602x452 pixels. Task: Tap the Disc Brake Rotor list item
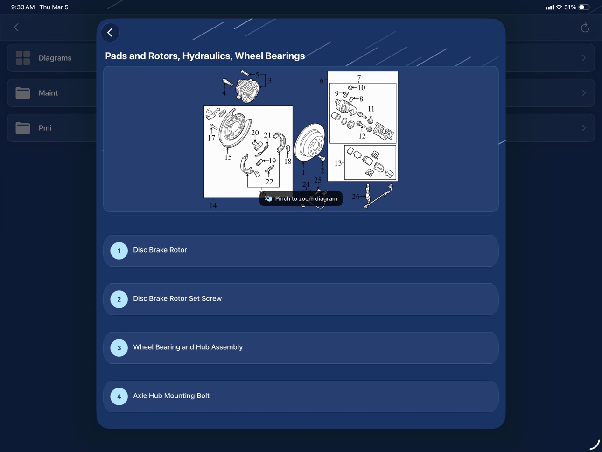coord(301,250)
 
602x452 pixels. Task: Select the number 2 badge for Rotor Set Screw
coord(119,299)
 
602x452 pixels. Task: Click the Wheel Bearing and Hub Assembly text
coord(188,347)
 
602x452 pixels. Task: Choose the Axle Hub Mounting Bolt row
coord(301,396)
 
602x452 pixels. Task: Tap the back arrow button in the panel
coord(110,33)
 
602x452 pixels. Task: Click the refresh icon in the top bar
coord(585,28)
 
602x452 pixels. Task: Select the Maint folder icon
coord(23,93)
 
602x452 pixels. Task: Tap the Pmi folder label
coord(45,128)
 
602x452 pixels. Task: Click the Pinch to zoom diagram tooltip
coord(301,198)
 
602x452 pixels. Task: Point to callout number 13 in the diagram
coord(338,163)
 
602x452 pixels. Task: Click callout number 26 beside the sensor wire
coord(356,197)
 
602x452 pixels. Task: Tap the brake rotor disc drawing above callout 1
coord(310,142)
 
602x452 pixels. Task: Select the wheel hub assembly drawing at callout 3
coord(247,91)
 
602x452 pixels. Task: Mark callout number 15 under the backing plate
coord(228,157)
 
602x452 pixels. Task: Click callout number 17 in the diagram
coord(211,138)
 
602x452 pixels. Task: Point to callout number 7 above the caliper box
coord(359,78)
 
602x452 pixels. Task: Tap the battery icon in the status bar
coord(584,7)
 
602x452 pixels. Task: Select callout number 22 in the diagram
coord(269,181)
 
